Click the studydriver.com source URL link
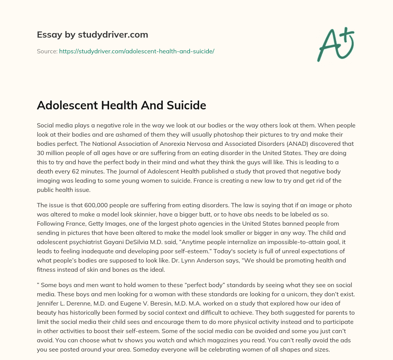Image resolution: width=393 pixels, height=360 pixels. (x=136, y=51)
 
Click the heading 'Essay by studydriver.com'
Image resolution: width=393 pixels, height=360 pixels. (x=92, y=35)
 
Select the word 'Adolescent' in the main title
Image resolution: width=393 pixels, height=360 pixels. (x=67, y=105)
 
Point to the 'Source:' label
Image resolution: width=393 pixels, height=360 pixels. (x=47, y=51)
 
